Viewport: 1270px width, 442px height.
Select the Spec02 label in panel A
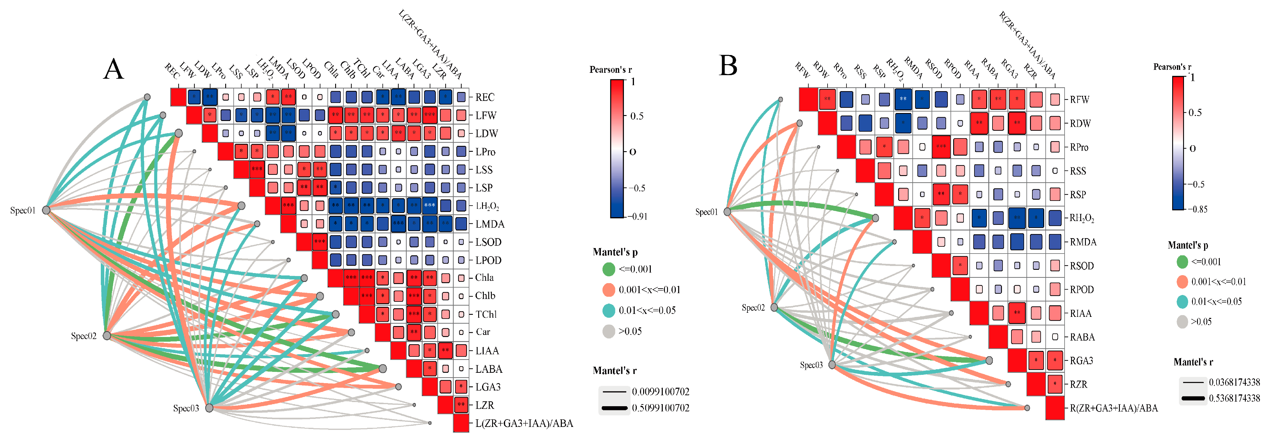(83, 336)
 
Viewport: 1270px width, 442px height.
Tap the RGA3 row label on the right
(1081, 361)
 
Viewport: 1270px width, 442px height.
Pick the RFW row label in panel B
(1079, 100)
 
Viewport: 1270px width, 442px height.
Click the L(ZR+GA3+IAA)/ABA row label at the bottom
(524, 423)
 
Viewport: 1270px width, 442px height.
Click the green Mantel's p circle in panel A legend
(609, 269)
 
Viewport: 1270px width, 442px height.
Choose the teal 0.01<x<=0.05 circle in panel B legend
(1182, 301)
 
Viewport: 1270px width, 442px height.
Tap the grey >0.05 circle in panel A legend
(609, 331)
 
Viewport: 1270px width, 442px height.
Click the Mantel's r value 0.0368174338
(1234, 382)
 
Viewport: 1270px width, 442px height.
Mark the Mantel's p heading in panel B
(1188, 245)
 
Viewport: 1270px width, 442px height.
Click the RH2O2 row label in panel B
(1082, 218)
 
